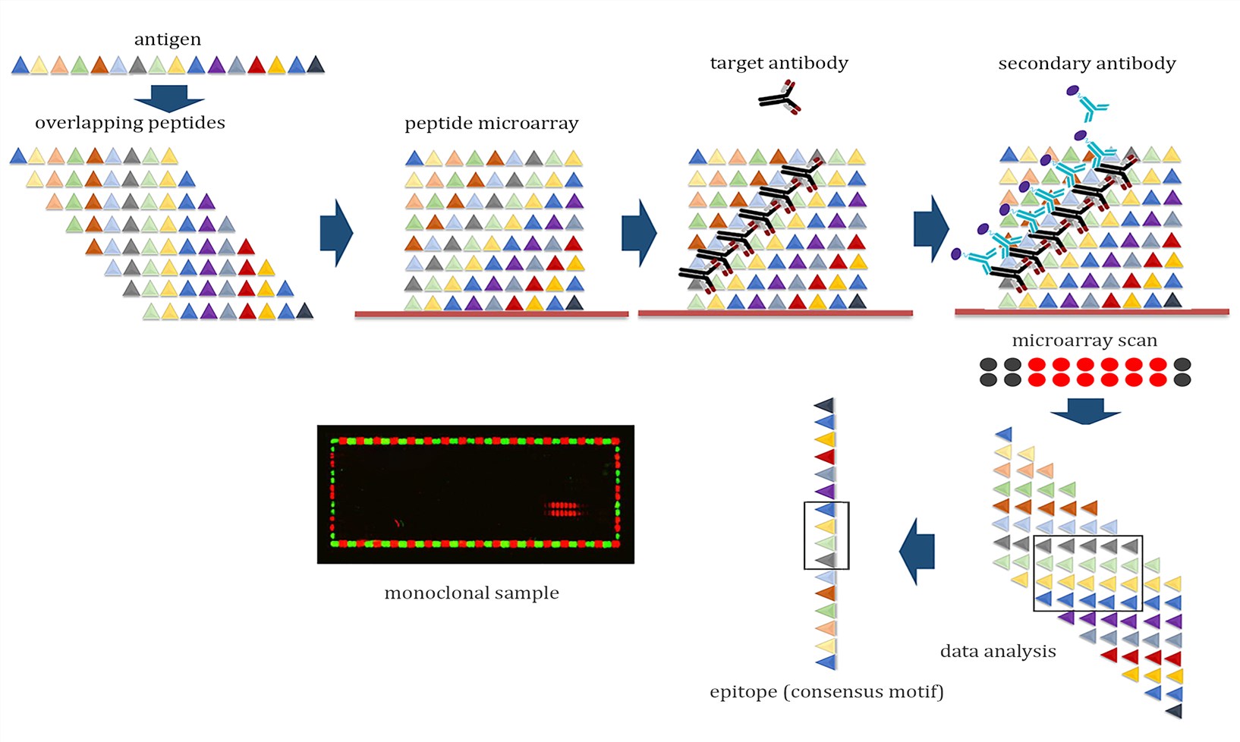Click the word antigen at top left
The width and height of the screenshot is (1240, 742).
click(168, 39)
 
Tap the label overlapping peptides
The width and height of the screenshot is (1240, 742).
click(130, 123)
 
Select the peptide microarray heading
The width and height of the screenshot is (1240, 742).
click(491, 124)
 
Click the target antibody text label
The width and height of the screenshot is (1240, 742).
click(779, 63)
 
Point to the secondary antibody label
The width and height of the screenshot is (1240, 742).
click(1087, 64)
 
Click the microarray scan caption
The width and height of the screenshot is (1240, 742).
click(1084, 341)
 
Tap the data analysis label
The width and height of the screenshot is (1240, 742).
click(998, 652)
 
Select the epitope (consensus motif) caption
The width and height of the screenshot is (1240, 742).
click(826, 692)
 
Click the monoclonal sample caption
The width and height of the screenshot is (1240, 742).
click(471, 593)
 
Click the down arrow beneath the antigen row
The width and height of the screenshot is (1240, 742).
click(169, 99)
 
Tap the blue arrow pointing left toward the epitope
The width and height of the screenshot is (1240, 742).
click(917, 552)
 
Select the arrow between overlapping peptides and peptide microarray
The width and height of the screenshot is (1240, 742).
click(336, 233)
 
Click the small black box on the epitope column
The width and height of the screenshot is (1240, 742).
click(826, 536)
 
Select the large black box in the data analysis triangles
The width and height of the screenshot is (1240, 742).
click(1087, 574)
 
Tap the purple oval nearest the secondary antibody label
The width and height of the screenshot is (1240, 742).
click(1072, 91)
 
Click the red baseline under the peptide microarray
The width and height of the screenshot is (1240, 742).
click(492, 314)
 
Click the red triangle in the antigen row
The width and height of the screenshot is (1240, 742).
click(256, 65)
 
